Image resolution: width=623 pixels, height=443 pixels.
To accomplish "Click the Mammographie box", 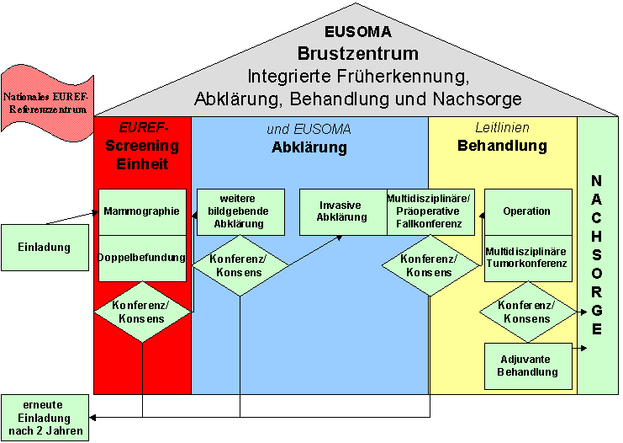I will [142, 211].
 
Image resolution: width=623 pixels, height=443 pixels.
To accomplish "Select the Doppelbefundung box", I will [142, 257].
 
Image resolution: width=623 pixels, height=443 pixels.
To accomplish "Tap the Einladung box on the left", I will [44, 248].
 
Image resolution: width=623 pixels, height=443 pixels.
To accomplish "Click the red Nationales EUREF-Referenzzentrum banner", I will [45, 102].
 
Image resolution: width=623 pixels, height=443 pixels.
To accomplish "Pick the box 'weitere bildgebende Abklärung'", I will [239, 211].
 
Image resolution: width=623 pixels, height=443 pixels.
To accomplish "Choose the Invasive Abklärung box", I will [343, 211].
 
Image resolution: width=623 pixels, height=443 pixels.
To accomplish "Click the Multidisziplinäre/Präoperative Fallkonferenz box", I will [430, 211].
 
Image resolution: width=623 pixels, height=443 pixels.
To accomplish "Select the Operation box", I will [527, 211].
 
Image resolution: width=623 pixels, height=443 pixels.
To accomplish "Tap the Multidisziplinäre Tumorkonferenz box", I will [527, 258].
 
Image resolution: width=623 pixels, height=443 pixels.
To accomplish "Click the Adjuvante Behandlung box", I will [527, 366].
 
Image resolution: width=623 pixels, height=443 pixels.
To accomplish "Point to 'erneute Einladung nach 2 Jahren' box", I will [45, 417].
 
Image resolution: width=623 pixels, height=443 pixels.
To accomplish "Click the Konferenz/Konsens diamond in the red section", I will [141, 311].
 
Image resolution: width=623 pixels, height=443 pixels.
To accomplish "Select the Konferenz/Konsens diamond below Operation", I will [528, 312].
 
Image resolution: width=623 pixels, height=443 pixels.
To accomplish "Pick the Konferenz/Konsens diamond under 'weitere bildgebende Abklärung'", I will [240, 265].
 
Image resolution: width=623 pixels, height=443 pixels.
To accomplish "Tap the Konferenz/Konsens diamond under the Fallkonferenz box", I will [430, 265].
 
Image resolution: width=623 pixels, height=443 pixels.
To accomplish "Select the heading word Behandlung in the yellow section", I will [502, 146].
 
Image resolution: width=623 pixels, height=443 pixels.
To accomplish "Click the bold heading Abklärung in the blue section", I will [309, 148].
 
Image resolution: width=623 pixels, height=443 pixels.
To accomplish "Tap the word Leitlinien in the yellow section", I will [502, 128].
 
